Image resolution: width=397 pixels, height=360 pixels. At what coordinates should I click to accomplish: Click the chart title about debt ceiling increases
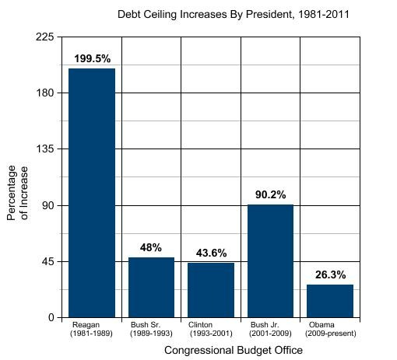(x=222, y=14)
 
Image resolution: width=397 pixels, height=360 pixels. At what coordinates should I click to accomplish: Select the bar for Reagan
(x=92, y=193)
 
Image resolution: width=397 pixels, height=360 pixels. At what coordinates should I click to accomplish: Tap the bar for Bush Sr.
(x=151, y=287)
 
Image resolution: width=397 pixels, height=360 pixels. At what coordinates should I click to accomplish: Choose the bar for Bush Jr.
(x=270, y=260)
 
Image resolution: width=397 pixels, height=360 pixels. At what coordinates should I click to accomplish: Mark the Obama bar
(x=330, y=301)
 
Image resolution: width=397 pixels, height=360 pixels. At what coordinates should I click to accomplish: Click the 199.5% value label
(x=92, y=58)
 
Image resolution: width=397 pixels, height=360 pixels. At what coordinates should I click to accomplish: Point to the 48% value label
(x=151, y=247)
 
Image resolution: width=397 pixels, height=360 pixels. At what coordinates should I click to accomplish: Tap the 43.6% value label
(x=211, y=253)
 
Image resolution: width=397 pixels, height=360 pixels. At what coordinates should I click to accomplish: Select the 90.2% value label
(x=270, y=194)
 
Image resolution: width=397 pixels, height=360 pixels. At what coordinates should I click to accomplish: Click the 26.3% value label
(x=330, y=274)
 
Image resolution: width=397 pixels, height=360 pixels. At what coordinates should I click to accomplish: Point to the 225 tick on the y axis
(x=45, y=37)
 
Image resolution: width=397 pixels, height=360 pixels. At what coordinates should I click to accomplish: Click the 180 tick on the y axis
(x=45, y=93)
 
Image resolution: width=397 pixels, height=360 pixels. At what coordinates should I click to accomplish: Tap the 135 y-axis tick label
(x=45, y=149)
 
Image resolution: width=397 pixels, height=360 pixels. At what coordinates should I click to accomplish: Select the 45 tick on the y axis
(x=48, y=261)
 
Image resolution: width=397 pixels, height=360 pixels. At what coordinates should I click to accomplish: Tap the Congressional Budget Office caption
(x=234, y=351)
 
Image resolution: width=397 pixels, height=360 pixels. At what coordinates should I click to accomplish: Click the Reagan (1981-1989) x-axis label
(x=92, y=328)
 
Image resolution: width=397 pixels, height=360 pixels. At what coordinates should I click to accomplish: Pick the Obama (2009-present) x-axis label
(x=330, y=328)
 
